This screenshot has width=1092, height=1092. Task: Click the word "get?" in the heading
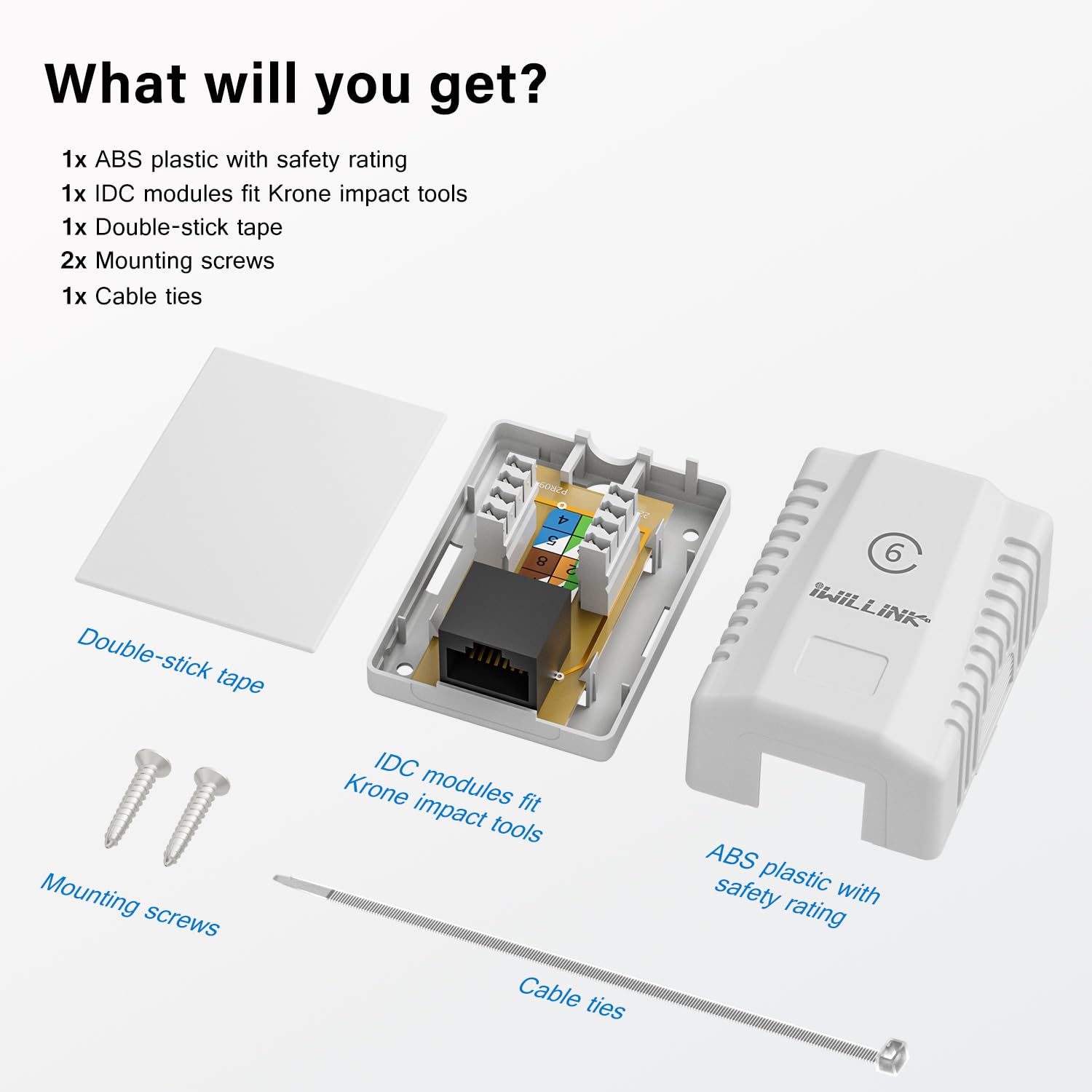[488, 86]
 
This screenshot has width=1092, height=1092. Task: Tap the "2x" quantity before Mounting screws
[74, 261]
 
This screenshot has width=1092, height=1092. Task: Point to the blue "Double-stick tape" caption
[170, 660]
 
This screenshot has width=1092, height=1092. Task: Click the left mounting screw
[137, 797]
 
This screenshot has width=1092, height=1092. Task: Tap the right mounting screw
[196, 815]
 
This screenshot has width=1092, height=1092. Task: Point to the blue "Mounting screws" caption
[130, 904]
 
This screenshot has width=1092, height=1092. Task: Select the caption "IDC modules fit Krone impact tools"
[443, 797]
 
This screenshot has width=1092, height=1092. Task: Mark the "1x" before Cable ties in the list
[74, 296]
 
